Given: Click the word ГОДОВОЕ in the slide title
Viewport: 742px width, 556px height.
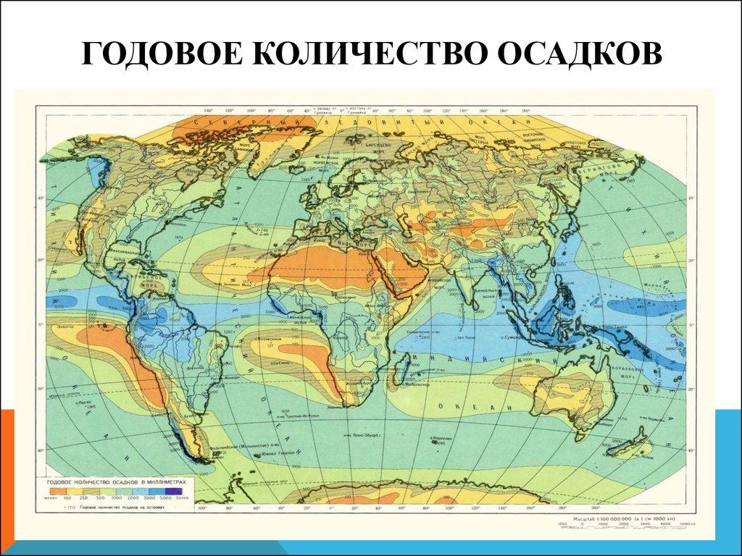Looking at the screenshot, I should click(162, 55).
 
